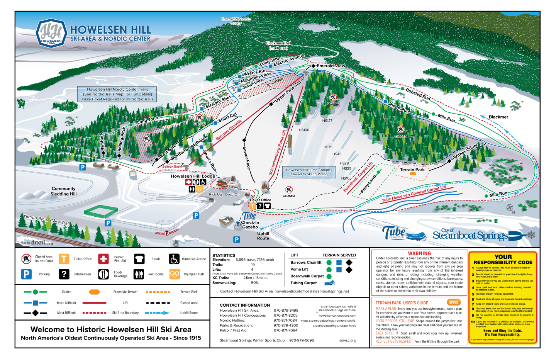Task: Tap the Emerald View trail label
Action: click(331, 66)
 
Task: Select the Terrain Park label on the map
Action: click(412, 170)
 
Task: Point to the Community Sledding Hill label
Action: click(63, 191)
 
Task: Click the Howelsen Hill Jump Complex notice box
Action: click(309, 172)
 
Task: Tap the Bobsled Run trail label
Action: click(418, 94)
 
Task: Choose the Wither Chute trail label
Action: click(466, 151)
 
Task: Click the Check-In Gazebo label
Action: click(250, 225)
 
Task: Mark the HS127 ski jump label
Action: click(327, 121)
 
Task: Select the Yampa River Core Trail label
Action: click(47, 219)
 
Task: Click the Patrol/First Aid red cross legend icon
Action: click(103, 259)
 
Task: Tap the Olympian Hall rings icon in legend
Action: click(175, 274)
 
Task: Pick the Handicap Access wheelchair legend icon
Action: click(174, 259)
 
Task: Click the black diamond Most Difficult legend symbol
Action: click(35, 313)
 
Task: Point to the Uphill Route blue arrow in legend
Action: click(157, 313)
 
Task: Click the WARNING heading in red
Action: click(419, 253)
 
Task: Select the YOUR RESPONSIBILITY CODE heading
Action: click(503, 260)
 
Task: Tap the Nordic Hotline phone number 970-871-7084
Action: click(285, 320)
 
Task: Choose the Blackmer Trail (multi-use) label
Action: click(278, 46)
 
